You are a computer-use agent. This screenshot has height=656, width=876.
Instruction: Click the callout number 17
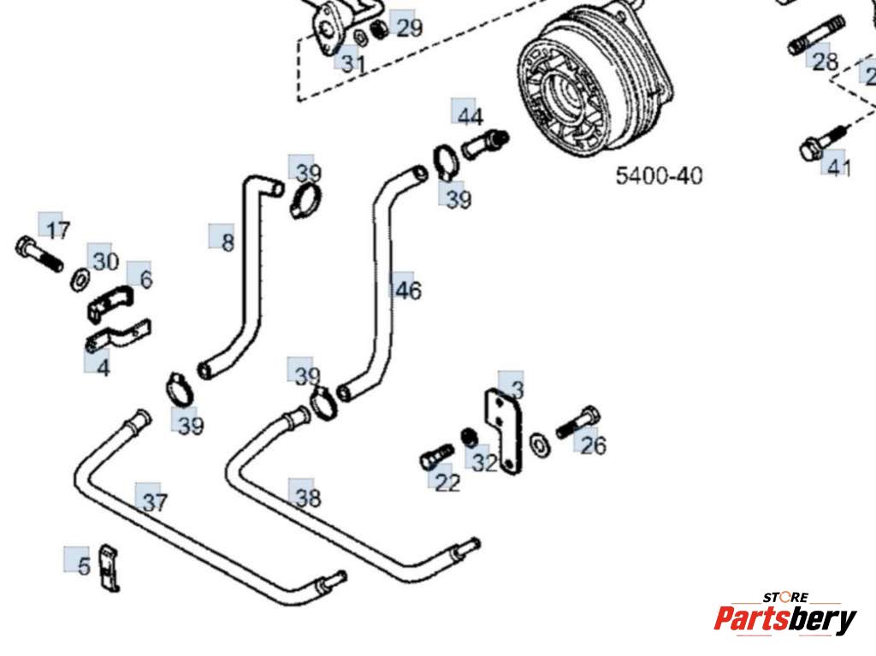(58, 230)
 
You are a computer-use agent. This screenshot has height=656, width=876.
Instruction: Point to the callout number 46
(407, 291)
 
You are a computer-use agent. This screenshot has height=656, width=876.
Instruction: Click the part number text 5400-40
(659, 176)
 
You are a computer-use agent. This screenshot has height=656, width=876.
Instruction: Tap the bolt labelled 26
(577, 423)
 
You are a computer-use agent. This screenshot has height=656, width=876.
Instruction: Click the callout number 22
(447, 483)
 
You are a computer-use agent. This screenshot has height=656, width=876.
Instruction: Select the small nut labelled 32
(469, 437)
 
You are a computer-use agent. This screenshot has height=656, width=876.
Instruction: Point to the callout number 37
(155, 502)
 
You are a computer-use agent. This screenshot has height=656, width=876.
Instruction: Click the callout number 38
(307, 498)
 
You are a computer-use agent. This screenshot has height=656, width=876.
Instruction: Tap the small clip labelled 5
(109, 566)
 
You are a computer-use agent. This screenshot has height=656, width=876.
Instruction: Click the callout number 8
(228, 243)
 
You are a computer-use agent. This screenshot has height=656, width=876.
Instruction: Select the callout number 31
(353, 63)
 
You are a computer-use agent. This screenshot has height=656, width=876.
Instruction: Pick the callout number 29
(409, 28)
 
